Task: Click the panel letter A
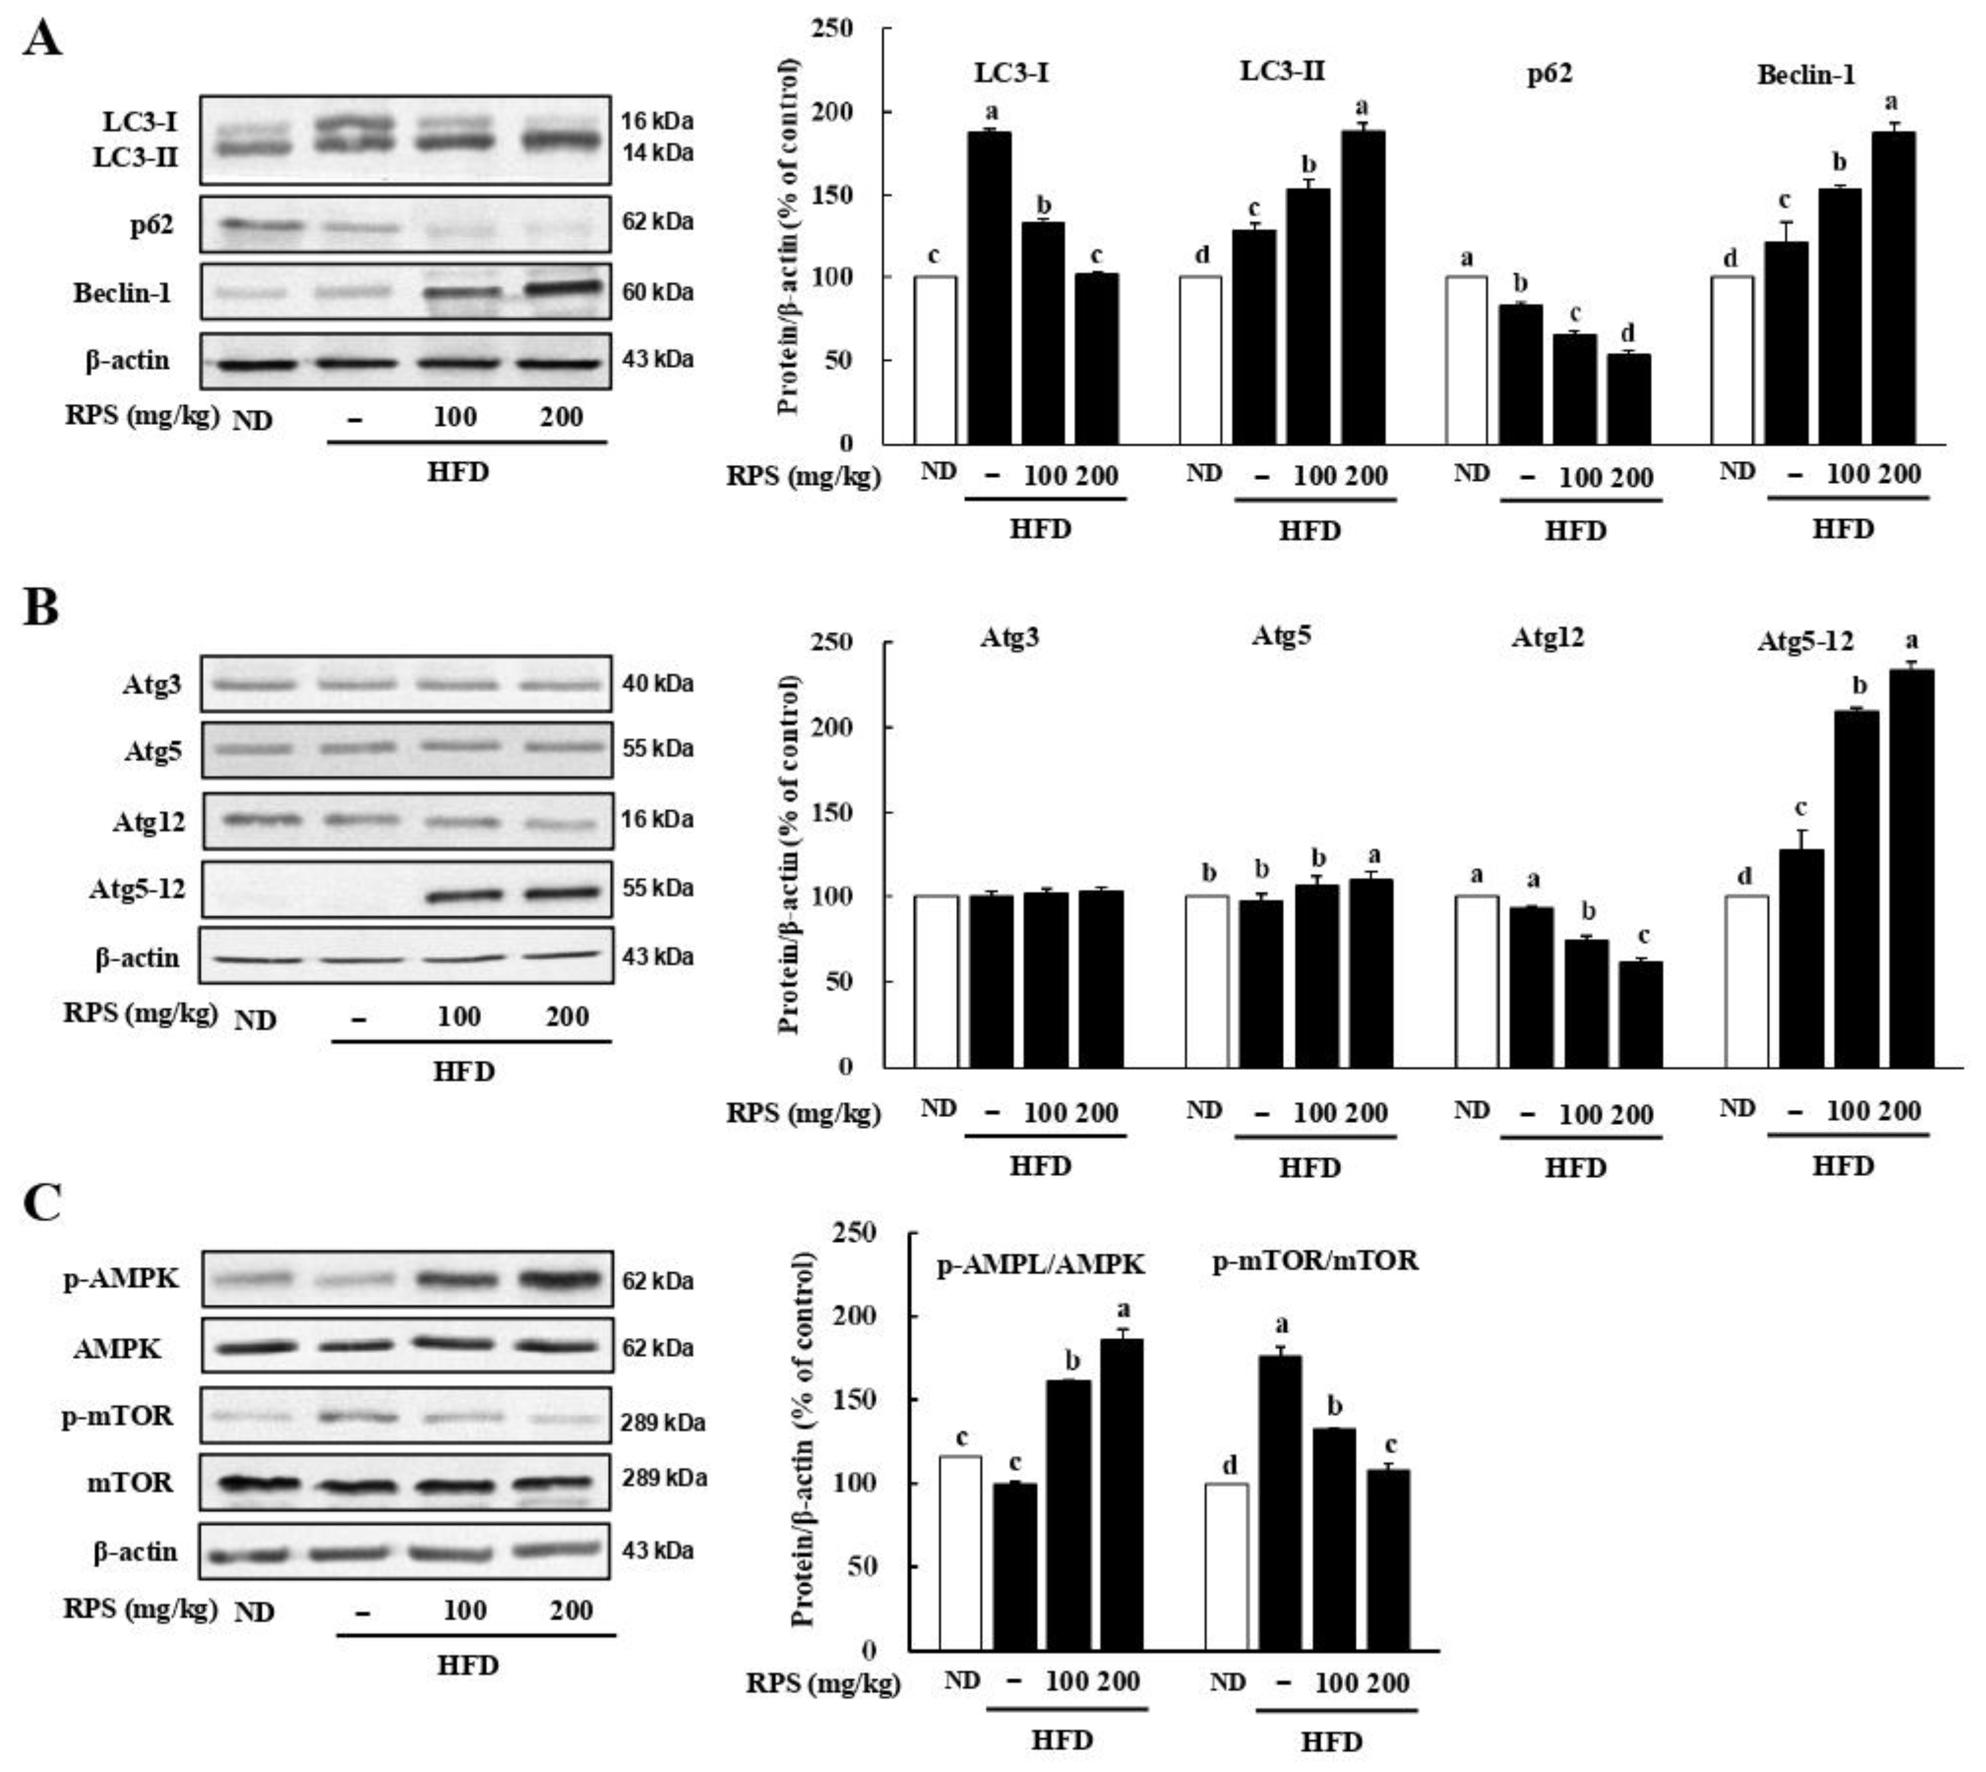tap(42, 40)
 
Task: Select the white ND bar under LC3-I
tap(934, 360)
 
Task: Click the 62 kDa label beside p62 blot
tap(658, 222)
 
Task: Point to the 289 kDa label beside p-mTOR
tap(663, 1422)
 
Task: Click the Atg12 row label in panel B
tap(148, 822)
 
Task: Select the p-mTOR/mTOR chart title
tap(1315, 1261)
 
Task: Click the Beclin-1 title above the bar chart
tap(1806, 75)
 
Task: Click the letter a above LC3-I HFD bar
tap(991, 112)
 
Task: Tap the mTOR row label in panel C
tap(130, 1482)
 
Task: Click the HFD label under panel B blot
tap(464, 1071)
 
